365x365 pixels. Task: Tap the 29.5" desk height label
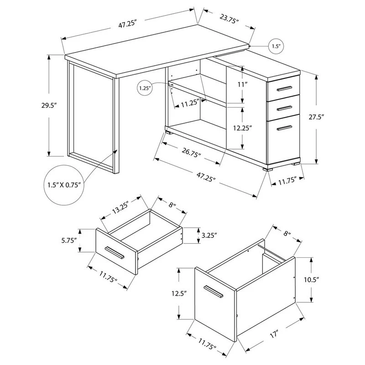coord(49,105)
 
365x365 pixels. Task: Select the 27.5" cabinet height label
coord(316,117)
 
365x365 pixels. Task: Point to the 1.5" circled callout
coord(276,46)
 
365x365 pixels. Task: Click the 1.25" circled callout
coord(145,88)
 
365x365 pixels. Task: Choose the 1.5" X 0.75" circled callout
coord(64,185)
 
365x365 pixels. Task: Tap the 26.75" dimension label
coord(191,152)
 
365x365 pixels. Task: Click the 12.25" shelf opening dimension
coord(243,128)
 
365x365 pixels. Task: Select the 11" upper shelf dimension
coord(242,84)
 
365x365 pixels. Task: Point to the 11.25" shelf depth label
coord(190,103)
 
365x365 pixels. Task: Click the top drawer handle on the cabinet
coord(284,89)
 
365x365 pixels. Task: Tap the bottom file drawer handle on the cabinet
coord(284,128)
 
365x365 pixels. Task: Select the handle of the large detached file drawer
coord(213,292)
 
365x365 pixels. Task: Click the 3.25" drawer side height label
coord(209,235)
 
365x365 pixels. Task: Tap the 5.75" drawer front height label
coord(69,240)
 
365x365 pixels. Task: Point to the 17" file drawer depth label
coord(274,334)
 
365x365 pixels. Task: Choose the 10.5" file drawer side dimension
coord(311,279)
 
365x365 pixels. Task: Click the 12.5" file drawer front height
coord(179,293)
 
